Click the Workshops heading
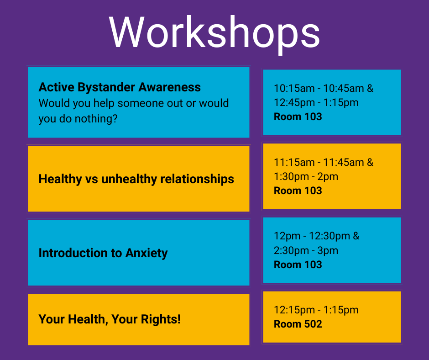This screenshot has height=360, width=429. [x=214, y=33]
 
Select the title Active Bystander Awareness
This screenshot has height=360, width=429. [x=120, y=87]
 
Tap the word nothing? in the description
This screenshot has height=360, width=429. [x=96, y=119]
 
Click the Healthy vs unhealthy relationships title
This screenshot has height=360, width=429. [x=136, y=179]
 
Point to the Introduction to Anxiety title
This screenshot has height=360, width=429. [x=103, y=253]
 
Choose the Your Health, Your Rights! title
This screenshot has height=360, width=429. [x=110, y=319]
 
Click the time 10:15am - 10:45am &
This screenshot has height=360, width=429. [x=324, y=89]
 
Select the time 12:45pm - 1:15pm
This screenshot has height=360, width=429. [x=316, y=103]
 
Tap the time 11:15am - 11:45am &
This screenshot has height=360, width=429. [x=324, y=163]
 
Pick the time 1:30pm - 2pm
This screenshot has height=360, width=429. [x=306, y=177]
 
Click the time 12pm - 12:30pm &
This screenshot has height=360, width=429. [x=316, y=236]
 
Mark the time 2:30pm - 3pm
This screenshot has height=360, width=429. [x=306, y=251]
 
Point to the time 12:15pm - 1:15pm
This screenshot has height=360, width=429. [x=316, y=310]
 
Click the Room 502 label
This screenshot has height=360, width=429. [x=298, y=324]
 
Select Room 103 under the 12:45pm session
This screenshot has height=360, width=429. [x=298, y=116]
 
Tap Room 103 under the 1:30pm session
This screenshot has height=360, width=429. [x=298, y=191]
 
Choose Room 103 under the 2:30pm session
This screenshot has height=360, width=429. [x=298, y=265]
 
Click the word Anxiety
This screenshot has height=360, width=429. [x=146, y=253]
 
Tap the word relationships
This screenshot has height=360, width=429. [x=197, y=179]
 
